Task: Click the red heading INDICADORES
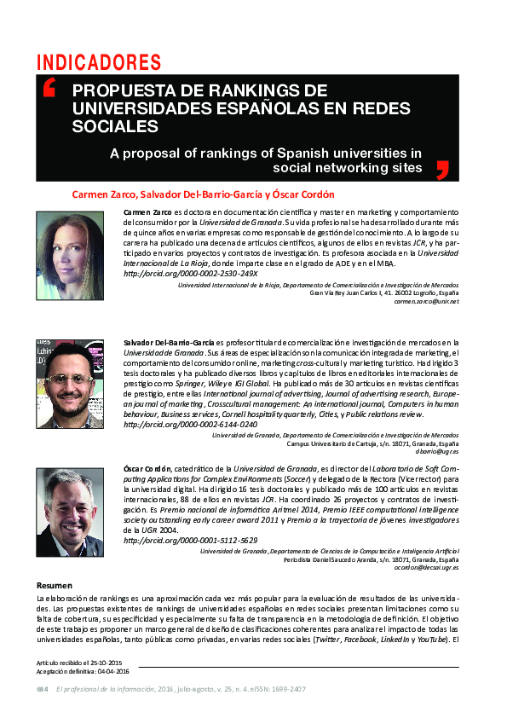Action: (99, 62)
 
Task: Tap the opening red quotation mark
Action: (49, 88)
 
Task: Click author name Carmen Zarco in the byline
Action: (103, 194)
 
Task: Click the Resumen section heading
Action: (55, 585)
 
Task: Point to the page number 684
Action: (43, 689)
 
